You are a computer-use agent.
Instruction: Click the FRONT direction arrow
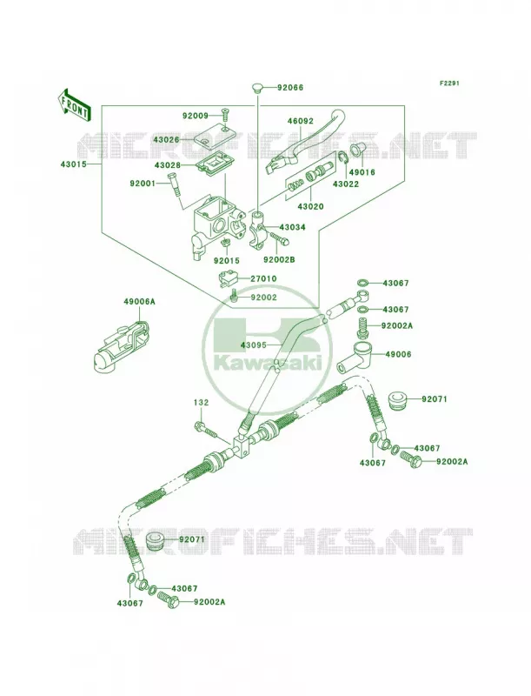click(x=74, y=105)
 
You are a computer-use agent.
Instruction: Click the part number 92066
click(x=290, y=88)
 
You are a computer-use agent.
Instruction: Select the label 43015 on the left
click(x=74, y=164)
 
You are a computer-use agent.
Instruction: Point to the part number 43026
click(x=167, y=139)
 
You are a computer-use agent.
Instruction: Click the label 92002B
click(x=279, y=259)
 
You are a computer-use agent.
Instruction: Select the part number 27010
click(x=263, y=278)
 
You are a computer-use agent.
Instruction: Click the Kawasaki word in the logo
click(x=267, y=364)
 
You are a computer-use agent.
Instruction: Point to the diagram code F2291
click(x=449, y=83)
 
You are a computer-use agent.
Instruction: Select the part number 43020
click(x=310, y=206)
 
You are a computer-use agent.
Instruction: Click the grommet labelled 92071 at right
click(x=399, y=401)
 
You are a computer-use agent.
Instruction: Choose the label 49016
click(x=362, y=172)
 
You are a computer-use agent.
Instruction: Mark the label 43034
click(x=292, y=227)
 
